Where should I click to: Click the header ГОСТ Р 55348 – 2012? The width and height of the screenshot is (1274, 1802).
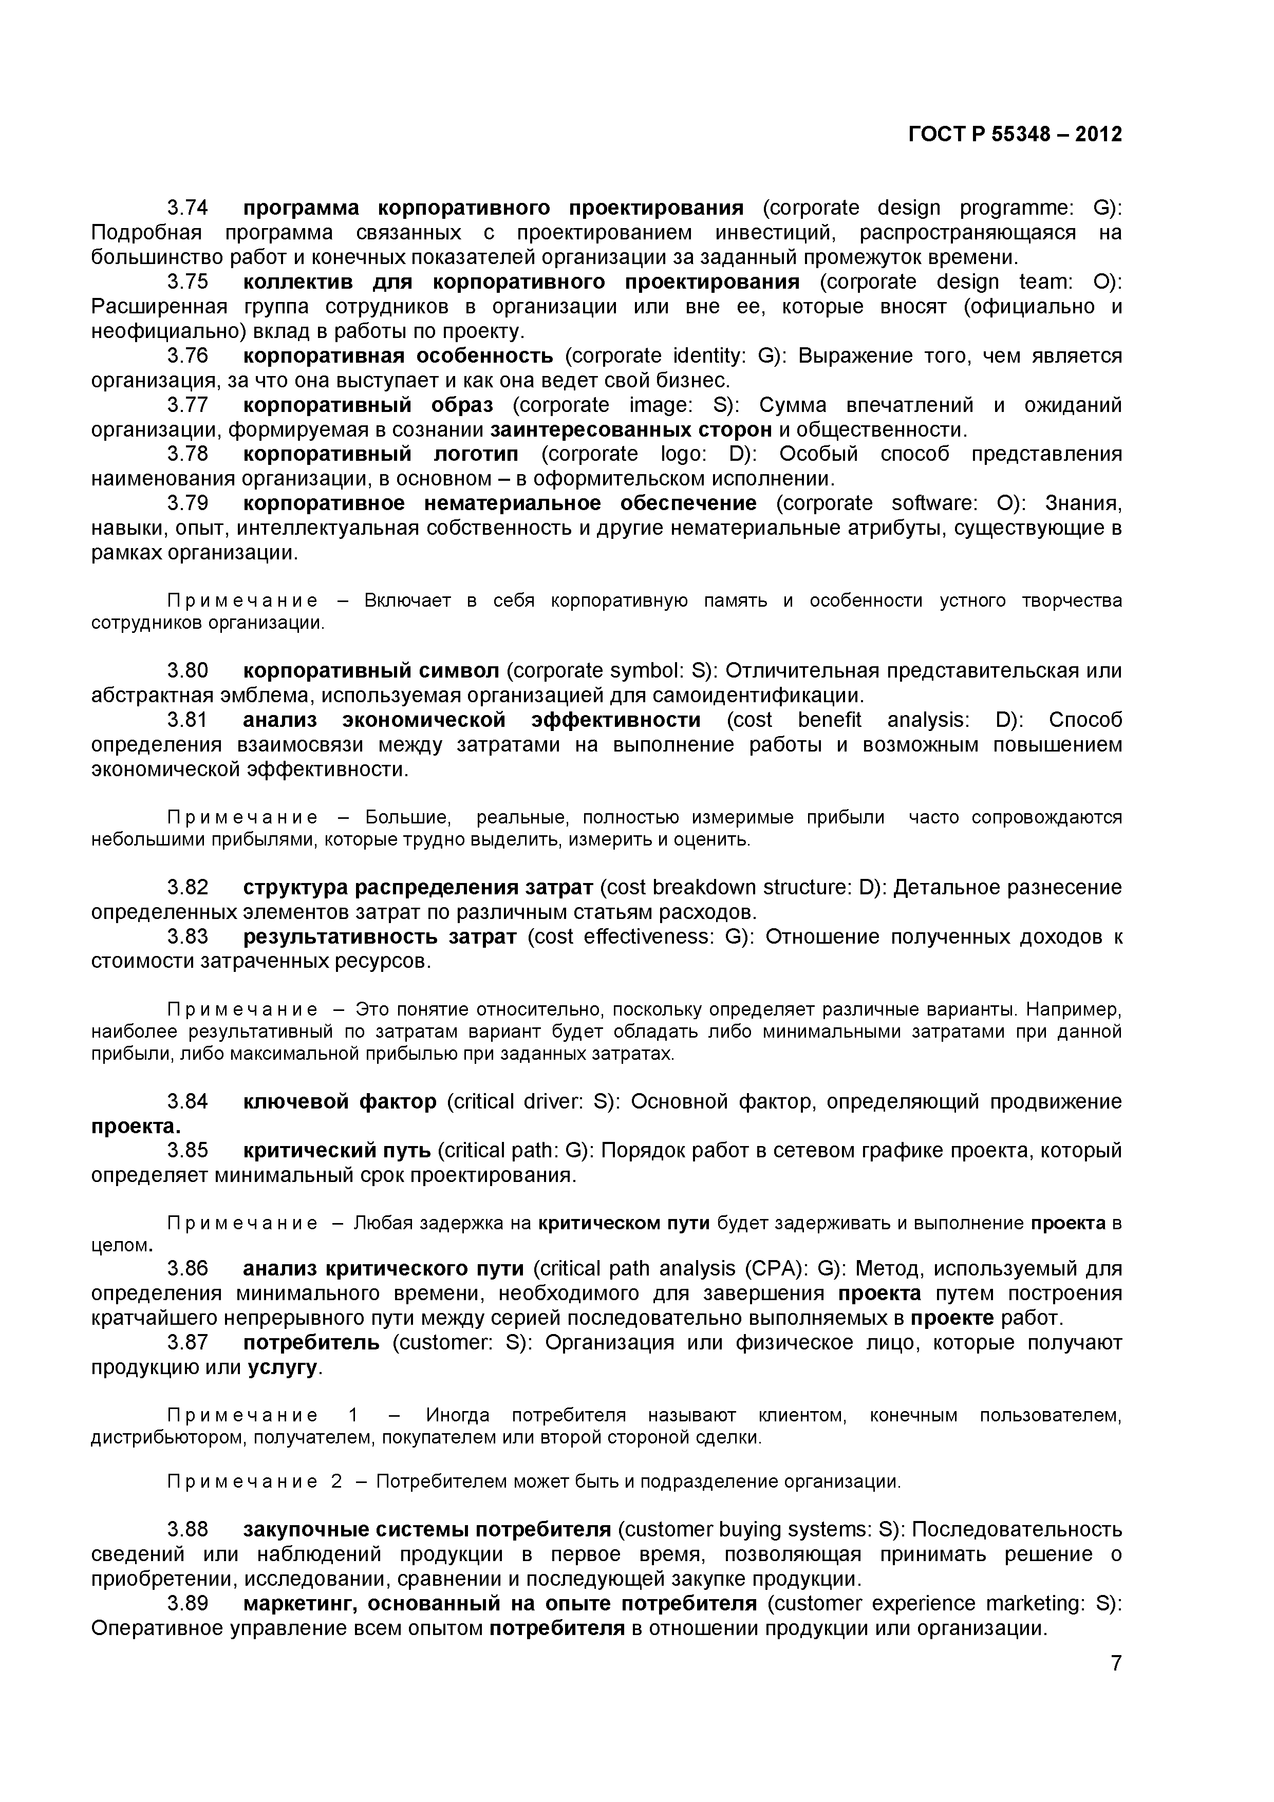[x=1014, y=134]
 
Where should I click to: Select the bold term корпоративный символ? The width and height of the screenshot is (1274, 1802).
[x=370, y=671]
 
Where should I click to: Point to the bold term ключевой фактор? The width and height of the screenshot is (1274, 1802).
[x=339, y=1102]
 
